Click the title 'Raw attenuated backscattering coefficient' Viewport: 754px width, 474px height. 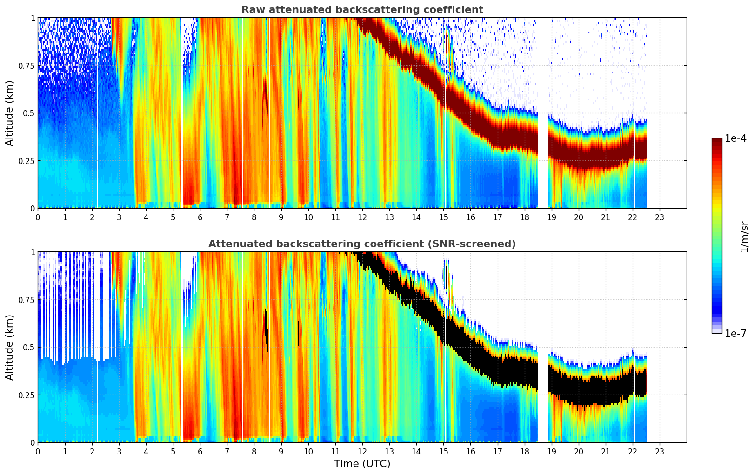(x=362, y=10)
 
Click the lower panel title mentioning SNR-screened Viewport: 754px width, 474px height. (x=362, y=244)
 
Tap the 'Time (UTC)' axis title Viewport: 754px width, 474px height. (x=362, y=464)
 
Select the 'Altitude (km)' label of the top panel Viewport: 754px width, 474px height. (x=10, y=113)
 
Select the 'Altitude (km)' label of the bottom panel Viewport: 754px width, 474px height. (x=10, y=347)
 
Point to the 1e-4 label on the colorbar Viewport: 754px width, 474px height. (x=735, y=138)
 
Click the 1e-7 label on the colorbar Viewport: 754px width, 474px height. (x=735, y=333)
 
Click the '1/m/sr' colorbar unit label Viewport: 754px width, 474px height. (x=744, y=237)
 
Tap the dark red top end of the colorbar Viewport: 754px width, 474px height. (x=716, y=141)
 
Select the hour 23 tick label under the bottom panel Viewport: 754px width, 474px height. (x=660, y=451)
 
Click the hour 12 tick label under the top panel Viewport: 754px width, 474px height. (x=362, y=217)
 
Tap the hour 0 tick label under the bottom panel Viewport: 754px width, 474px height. (x=38, y=451)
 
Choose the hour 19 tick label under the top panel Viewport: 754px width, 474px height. (x=551, y=217)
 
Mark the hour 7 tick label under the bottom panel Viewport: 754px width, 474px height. (x=227, y=451)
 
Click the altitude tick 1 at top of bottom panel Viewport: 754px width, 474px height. (x=33, y=252)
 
